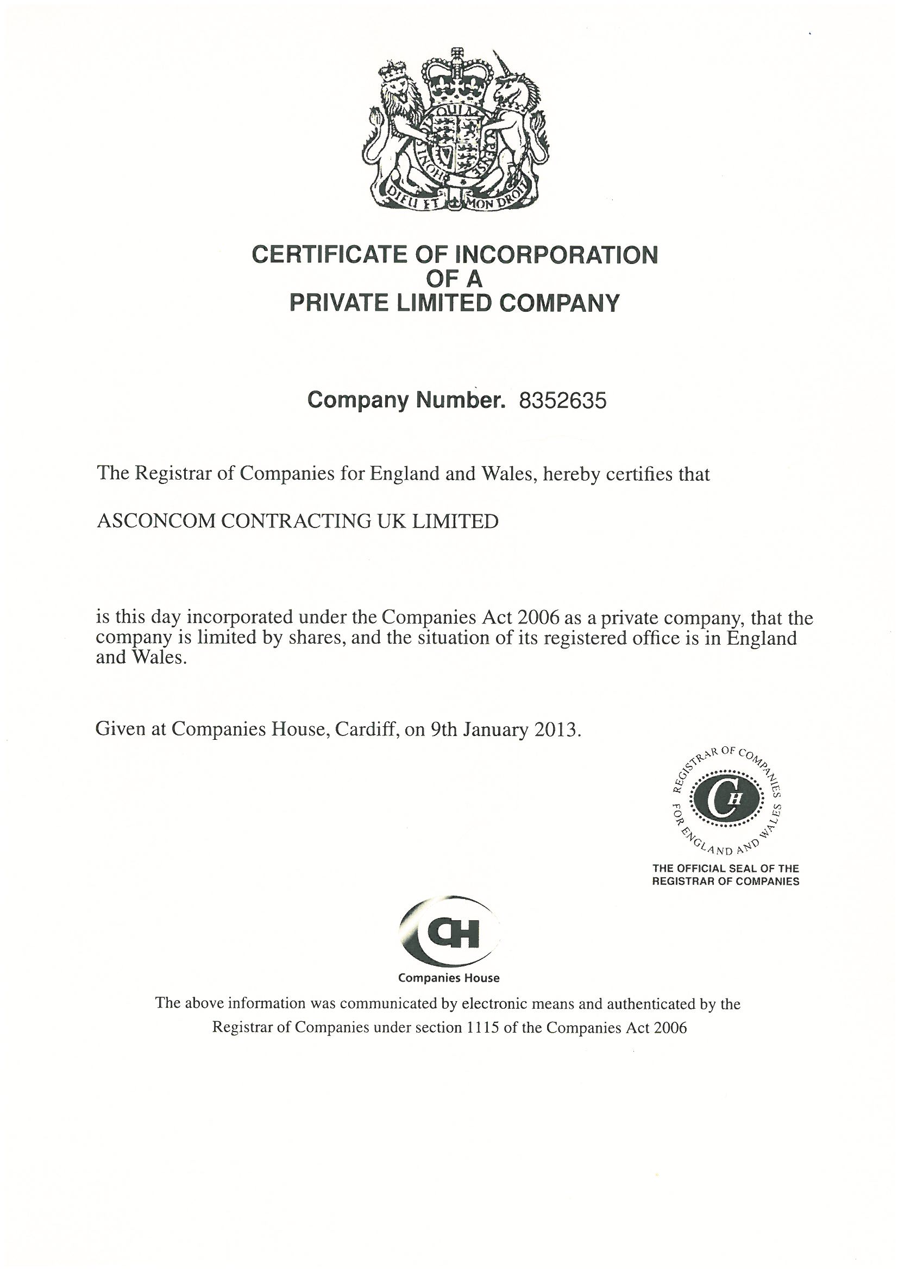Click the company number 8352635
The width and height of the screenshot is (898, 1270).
click(x=562, y=400)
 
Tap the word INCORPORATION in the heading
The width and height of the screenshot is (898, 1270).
click(x=556, y=255)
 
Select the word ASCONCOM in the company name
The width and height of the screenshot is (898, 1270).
click(x=156, y=521)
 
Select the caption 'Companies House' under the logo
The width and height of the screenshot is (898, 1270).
click(x=449, y=978)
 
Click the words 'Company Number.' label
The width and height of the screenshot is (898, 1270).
click(x=406, y=400)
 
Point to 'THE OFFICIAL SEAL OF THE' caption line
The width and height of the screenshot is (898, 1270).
click(x=725, y=869)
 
